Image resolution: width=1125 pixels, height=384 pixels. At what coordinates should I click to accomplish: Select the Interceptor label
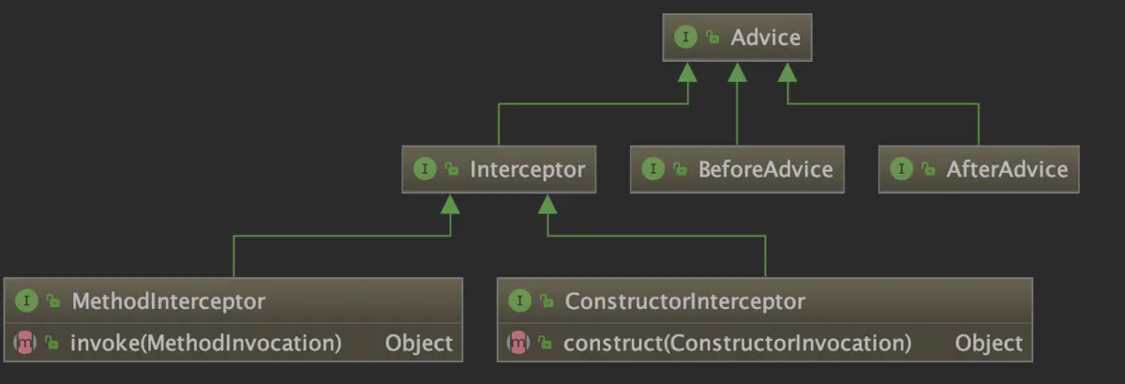tap(527, 169)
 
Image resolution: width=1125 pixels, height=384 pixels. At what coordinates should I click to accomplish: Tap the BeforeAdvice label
tap(765, 169)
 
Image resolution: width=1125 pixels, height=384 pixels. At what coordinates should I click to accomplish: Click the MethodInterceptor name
tap(168, 301)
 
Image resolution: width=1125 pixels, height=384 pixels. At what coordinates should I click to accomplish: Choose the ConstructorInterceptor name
tap(684, 301)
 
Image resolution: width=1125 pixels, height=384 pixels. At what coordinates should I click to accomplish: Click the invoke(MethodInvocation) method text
tap(205, 343)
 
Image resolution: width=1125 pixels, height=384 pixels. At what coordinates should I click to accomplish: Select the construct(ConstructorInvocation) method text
tap(738, 343)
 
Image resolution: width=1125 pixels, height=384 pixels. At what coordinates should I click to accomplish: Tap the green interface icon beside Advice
tap(686, 38)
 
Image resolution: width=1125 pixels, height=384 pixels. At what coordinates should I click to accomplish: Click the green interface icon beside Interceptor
tap(425, 169)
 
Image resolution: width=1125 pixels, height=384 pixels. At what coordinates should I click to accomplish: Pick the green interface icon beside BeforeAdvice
tap(653, 169)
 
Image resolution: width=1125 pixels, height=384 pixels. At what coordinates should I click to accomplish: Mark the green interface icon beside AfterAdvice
tap(902, 169)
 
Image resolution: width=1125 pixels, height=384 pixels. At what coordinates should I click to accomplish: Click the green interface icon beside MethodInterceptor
tap(26, 301)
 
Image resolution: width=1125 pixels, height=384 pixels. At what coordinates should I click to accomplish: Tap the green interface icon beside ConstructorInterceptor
tap(519, 301)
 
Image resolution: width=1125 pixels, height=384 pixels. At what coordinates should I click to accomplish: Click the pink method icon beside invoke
tap(25, 344)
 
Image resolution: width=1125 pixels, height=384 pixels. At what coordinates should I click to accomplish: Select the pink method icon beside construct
tap(518, 344)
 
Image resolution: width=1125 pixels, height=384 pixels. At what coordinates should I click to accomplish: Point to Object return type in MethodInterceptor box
tap(419, 343)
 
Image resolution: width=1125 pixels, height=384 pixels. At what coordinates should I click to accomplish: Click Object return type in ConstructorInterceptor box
tap(989, 343)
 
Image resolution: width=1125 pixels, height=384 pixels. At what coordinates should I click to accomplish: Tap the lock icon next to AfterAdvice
tap(928, 170)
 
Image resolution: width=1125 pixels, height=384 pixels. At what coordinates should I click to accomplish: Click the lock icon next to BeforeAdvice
tap(680, 170)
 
